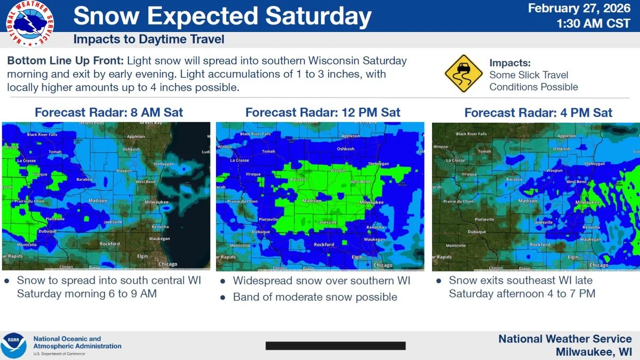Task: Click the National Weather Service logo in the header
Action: [x=30, y=24]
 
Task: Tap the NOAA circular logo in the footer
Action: [x=14, y=346]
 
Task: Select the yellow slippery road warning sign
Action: [x=463, y=74]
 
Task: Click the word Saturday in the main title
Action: [x=318, y=17]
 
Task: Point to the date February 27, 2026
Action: [x=580, y=9]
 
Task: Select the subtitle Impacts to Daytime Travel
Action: [x=149, y=39]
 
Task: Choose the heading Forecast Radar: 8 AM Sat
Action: [x=109, y=113]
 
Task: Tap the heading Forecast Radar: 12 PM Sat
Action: [x=323, y=113]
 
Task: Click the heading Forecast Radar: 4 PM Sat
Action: [x=538, y=113]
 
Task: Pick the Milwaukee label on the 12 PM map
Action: [x=372, y=203]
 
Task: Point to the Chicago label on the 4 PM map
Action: [x=599, y=265]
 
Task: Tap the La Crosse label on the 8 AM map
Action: [x=27, y=160]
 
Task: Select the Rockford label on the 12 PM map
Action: [x=324, y=244]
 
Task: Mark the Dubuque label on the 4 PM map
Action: [x=477, y=232]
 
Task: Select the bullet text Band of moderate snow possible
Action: [x=315, y=297]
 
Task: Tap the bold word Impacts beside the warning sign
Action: [x=510, y=63]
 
